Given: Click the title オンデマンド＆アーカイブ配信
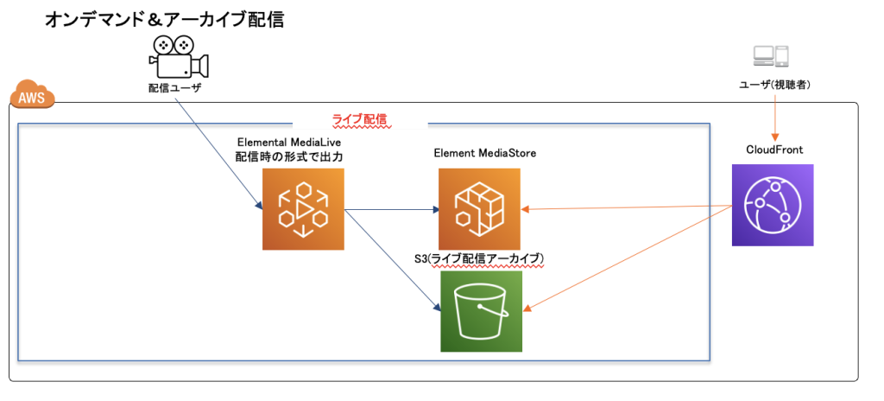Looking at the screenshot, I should pos(165,20).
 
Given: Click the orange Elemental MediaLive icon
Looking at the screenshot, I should pos(303,209).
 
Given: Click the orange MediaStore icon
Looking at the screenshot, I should pos(479,209).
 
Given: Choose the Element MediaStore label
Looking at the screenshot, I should pos(486,153).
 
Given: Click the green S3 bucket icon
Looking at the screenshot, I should pos(481,311).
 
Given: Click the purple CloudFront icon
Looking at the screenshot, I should pos(772,206).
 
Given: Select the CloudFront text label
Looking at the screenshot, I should pos(774,150).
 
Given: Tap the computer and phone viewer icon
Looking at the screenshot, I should pos(770,56).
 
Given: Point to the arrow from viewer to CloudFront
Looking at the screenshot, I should pos(773,116).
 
